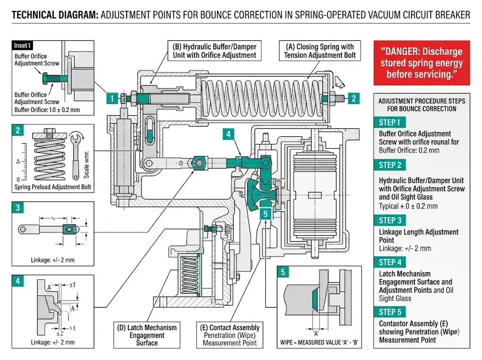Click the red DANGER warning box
tap(421, 63)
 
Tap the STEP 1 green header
tap(389, 122)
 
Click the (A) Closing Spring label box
tap(320, 51)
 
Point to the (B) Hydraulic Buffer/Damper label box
tap(215, 51)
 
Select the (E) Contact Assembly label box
tap(229, 335)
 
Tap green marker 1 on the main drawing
tap(112, 98)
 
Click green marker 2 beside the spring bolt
tap(353, 98)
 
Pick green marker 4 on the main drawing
tap(228, 134)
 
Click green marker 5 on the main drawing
tap(265, 214)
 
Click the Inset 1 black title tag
tap(23, 46)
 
